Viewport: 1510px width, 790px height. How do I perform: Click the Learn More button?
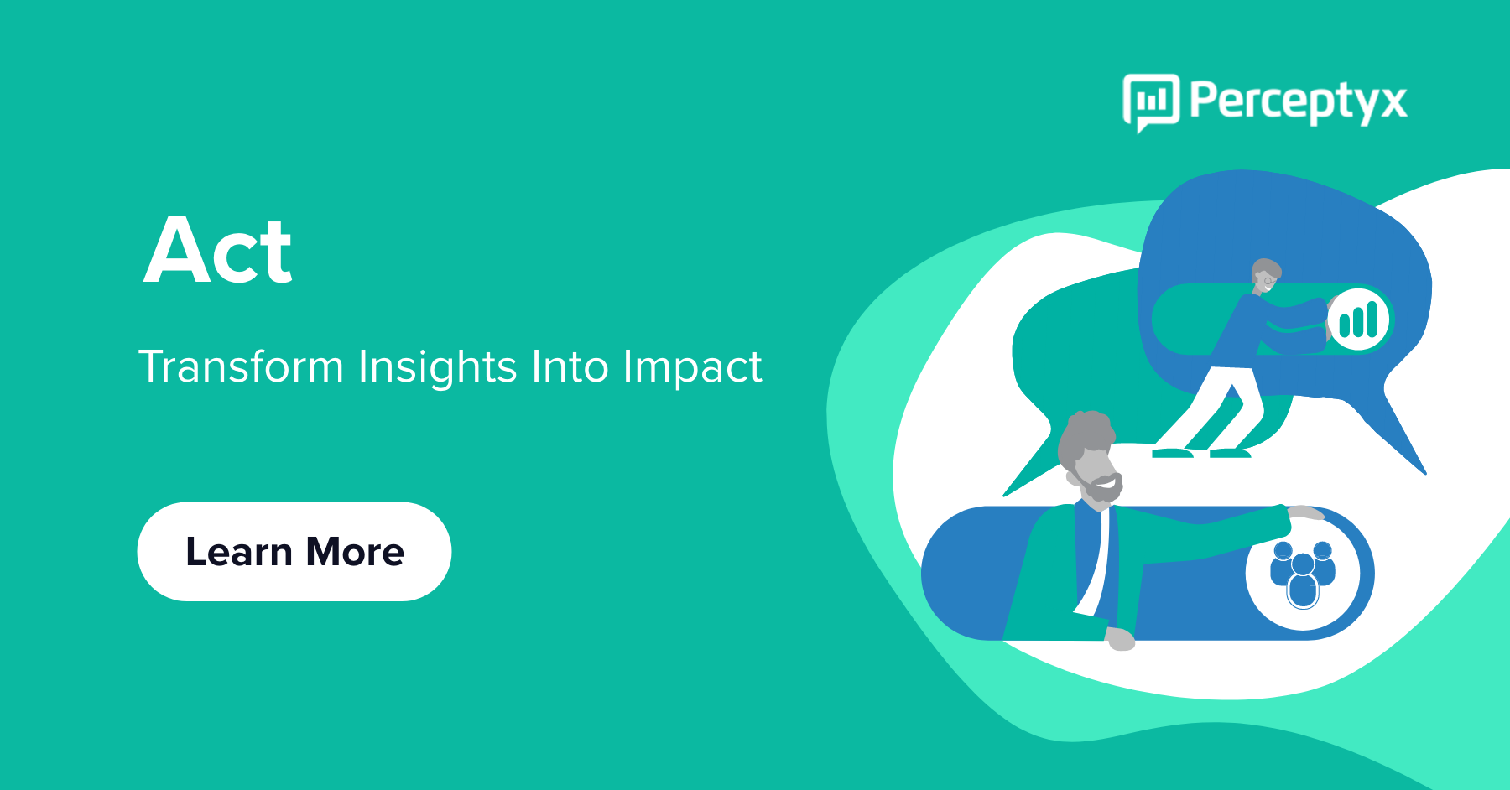tap(294, 551)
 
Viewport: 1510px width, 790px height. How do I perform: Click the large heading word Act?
tap(218, 251)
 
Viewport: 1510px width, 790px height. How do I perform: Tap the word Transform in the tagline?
tap(241, 366)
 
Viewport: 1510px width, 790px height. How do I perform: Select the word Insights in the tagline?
tap(438, 367)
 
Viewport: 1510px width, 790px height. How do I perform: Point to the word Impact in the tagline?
tap(692, 368)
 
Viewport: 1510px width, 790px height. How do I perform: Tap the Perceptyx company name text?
tap(1299, 102)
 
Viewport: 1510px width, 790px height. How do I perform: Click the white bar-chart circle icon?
tap(1358, 320)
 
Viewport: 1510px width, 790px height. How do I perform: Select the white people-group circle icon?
tap(1303, 574)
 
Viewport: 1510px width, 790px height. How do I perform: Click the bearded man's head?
tap(1089, 458)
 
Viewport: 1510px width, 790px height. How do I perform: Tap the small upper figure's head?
tap(1265, 275)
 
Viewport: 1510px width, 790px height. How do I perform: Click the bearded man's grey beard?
tap(1101, 490)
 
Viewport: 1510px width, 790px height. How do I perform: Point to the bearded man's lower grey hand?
tap(1121, 640)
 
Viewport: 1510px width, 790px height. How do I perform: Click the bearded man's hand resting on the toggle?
tap(1305, 512)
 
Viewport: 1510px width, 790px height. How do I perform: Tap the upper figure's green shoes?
tap(1201, 453)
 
